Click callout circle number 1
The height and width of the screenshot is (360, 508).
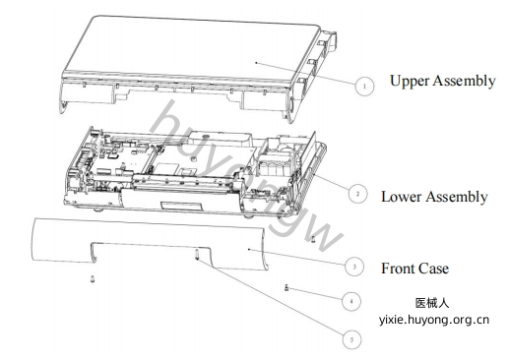(x=364, y=87)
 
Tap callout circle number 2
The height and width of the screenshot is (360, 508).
(x=357, y=194)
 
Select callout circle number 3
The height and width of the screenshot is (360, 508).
(x=354, y=267)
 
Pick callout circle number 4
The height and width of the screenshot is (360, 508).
(x=351, y=301)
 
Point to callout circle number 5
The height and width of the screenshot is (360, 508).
(x=351, y=339)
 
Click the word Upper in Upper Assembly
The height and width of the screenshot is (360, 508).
(x=410, y=82)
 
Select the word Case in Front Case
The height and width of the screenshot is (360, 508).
(x=435, y=269)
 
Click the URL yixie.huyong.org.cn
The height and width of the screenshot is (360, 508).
(x=434, y=320)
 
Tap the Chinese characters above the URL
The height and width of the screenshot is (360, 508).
(x=432, y=303)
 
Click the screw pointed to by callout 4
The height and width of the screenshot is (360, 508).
(x=286, y=288)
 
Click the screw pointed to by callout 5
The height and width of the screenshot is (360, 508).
(x=197, y=254)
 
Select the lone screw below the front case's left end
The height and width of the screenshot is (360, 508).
(x=93, y=279)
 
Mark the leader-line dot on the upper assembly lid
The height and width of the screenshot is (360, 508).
(x=256, y=62)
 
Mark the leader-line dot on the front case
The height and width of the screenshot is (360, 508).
(x=249, y=250)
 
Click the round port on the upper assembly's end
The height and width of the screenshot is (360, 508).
(x=291, y=105)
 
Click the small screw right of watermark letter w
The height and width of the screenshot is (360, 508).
(x=313, y=239)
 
